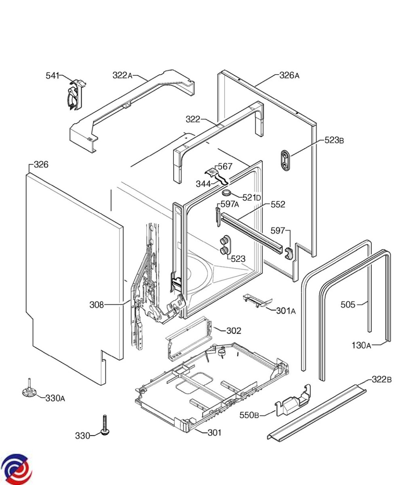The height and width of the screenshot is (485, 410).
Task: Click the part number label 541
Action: [x=52, y=76]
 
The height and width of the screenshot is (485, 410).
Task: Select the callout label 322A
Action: [x=122, y=75]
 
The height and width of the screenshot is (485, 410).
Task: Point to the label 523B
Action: [x=334, y=140]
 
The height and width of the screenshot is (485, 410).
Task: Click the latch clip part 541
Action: [x=75, y=95]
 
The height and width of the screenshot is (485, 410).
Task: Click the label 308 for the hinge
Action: [x=97, y=305]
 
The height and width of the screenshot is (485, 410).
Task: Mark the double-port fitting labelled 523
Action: [x=224, y=245]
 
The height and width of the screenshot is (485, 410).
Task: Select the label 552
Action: [x=278, y=205]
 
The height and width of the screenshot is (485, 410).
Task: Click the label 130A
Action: [x=361, y=345]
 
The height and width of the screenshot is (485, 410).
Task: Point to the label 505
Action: [x=348, y=304]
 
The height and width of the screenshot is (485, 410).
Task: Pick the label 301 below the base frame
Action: [x=214, y=432]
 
